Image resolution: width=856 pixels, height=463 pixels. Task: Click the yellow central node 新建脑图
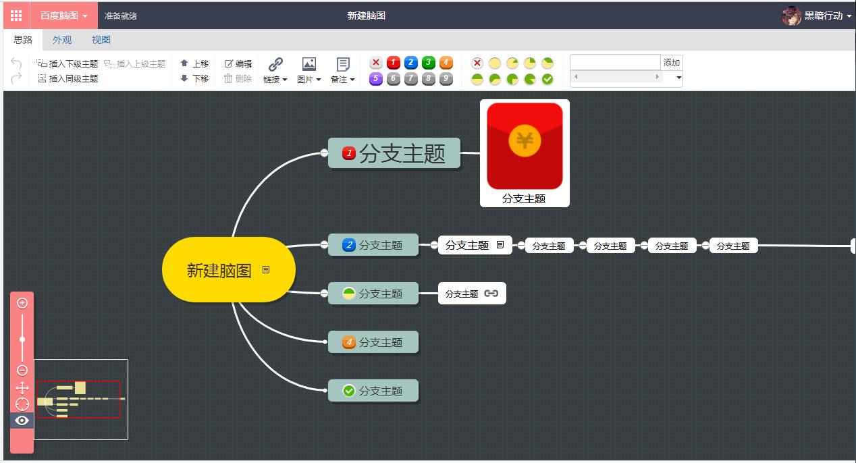(x=219, y=270)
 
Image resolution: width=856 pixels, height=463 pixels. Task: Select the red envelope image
(x=525, y=146)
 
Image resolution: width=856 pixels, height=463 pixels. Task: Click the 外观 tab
(x=62, y=40)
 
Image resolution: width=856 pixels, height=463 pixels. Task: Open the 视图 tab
(x=101, y=40)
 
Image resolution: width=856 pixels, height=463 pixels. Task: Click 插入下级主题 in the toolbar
(x=68, y=63)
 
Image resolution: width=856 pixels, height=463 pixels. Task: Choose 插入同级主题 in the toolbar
(x=68, y=78)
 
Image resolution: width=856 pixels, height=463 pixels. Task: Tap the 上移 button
(x=194, y=63)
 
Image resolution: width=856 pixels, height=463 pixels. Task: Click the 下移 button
(x=194, y=78)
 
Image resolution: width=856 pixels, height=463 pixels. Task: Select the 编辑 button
(x=238, y=63)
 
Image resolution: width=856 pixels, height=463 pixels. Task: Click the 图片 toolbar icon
(x=309, y=64)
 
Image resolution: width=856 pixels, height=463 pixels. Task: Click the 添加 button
(x=672, y=62)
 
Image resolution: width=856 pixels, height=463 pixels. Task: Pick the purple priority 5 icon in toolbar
(x=376, y=79)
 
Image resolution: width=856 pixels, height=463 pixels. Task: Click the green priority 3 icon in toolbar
(x=428, y=63)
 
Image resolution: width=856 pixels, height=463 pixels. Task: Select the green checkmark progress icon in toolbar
(x=547, y=79)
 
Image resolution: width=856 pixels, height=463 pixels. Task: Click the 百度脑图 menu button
(x=63, y=16)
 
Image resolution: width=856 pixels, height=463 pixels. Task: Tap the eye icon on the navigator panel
(x=22, y=420)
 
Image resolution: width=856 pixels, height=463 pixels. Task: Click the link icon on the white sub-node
(x=491, y=294)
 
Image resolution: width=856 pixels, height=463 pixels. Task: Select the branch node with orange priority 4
(x=373, y=342)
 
